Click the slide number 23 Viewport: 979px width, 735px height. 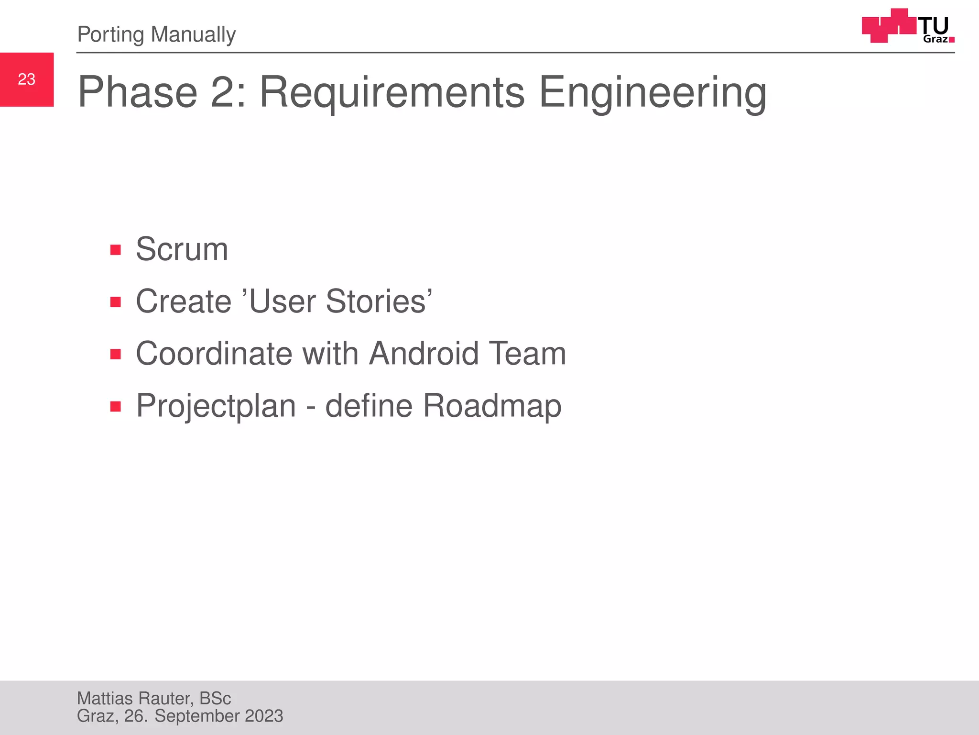27,79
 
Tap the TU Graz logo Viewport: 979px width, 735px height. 908,26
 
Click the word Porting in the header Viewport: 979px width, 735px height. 110,34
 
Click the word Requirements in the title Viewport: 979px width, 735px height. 392,92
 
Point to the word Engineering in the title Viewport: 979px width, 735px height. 653,92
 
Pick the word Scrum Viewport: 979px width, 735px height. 182,249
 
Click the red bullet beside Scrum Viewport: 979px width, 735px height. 115,250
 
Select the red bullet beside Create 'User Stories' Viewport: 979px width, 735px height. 115,302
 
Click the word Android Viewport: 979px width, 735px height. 424,354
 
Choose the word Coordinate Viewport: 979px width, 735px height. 214,354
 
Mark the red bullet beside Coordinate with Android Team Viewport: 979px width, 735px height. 115,354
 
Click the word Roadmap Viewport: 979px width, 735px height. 492,406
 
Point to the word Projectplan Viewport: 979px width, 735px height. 216,406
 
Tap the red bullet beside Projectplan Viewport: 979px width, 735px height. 115,406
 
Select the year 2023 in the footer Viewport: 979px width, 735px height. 264,716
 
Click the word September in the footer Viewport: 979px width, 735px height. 197,716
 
